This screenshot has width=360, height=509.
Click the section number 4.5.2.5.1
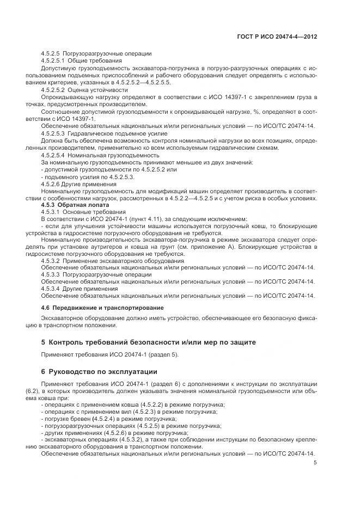53,61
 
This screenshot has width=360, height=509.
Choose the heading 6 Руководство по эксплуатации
99,371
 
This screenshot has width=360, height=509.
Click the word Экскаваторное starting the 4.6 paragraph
64,318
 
